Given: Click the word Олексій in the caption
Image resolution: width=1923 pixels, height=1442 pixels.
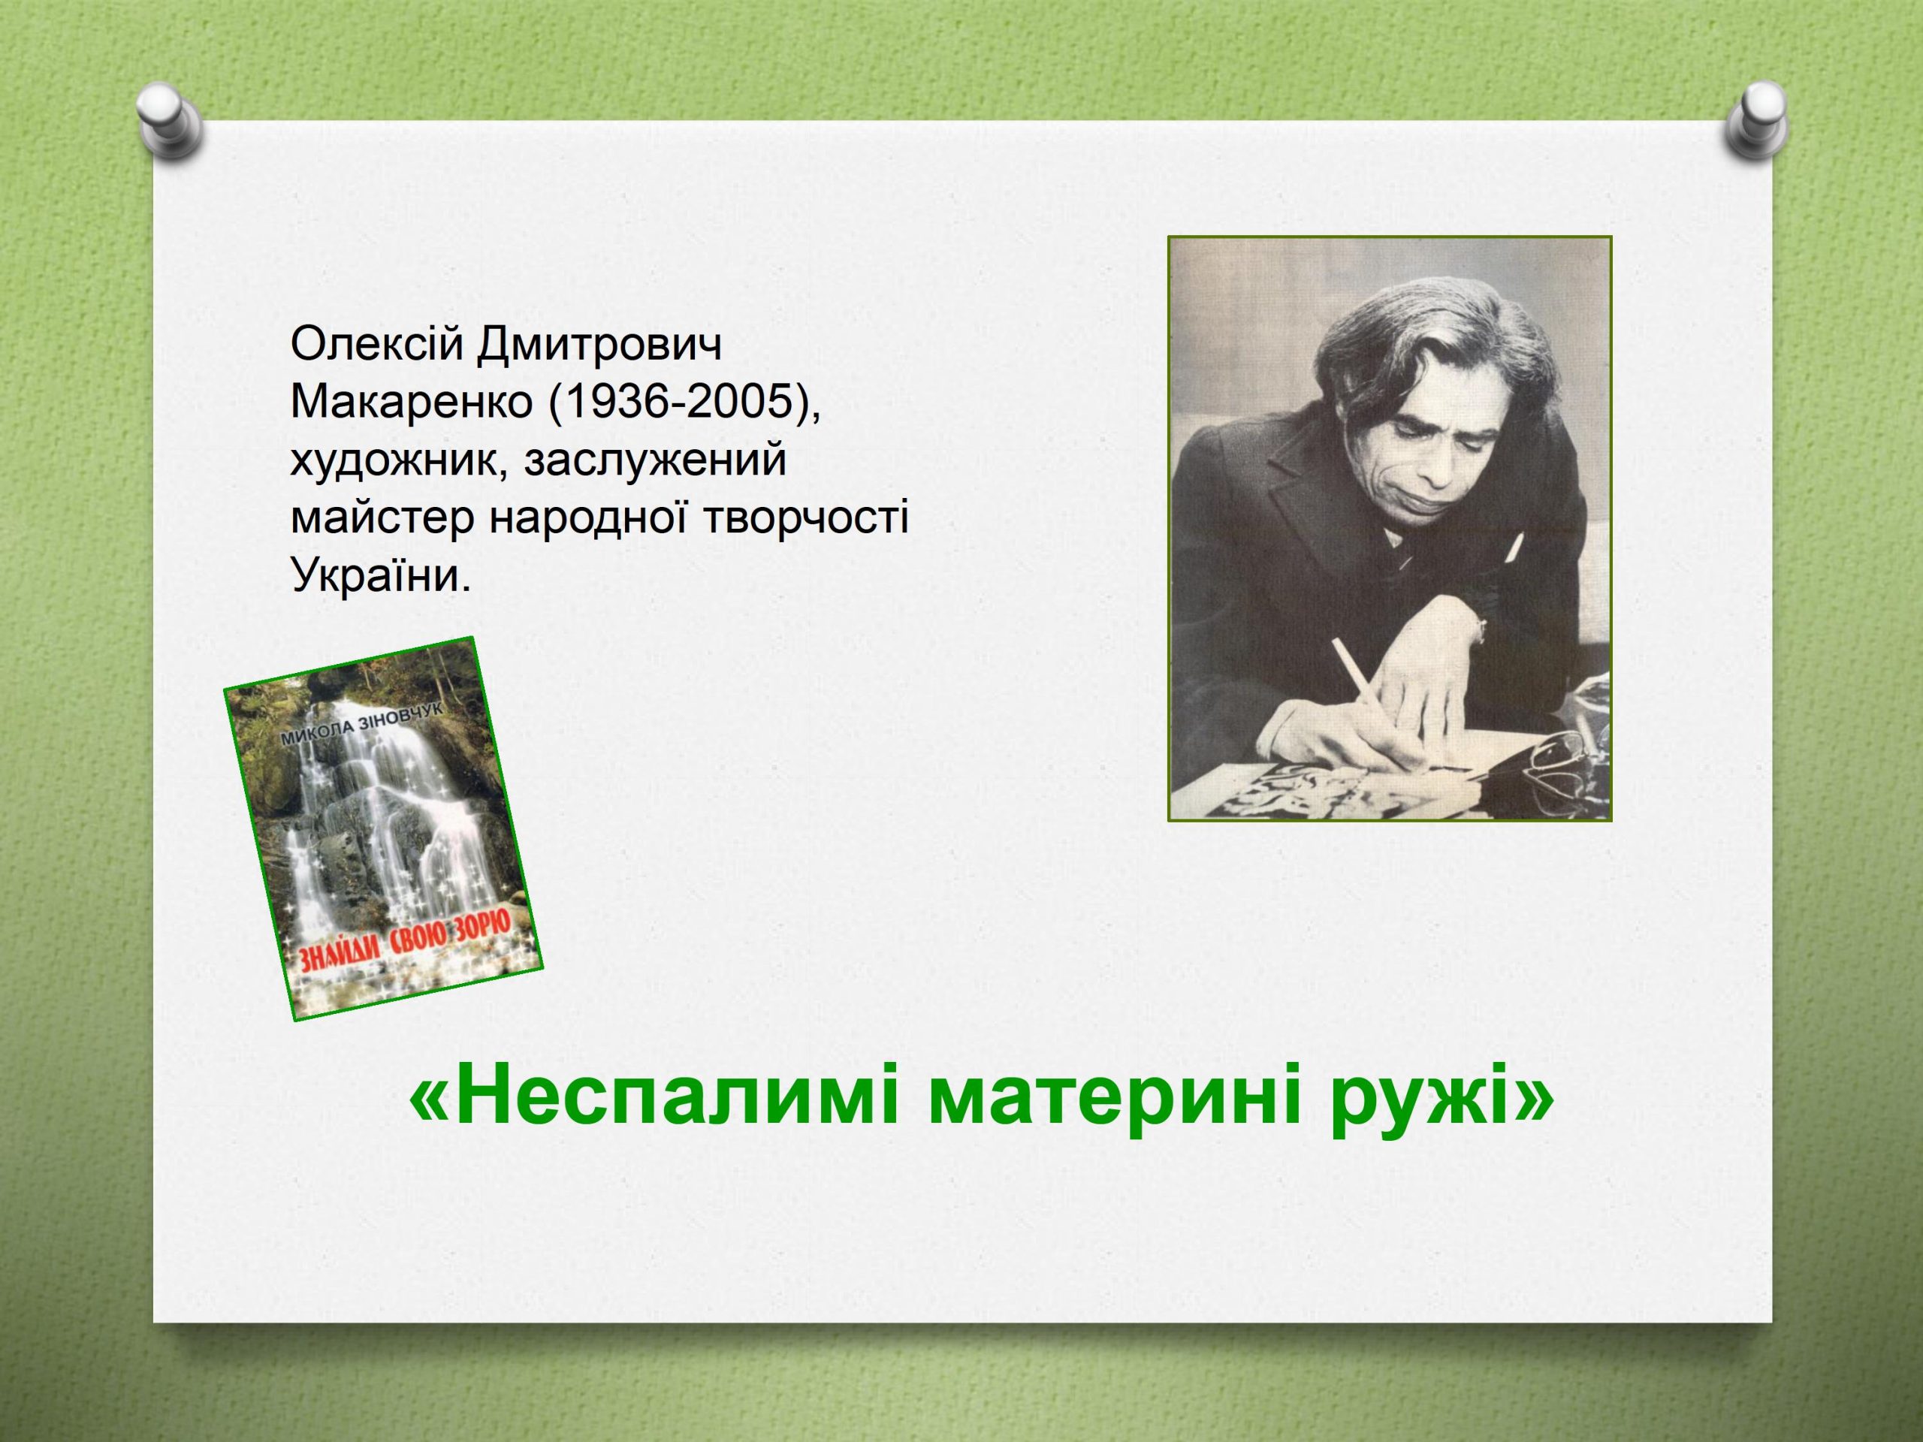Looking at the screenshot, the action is click(375, 346).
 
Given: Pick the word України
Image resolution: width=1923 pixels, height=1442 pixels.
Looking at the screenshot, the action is click(381, 575).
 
